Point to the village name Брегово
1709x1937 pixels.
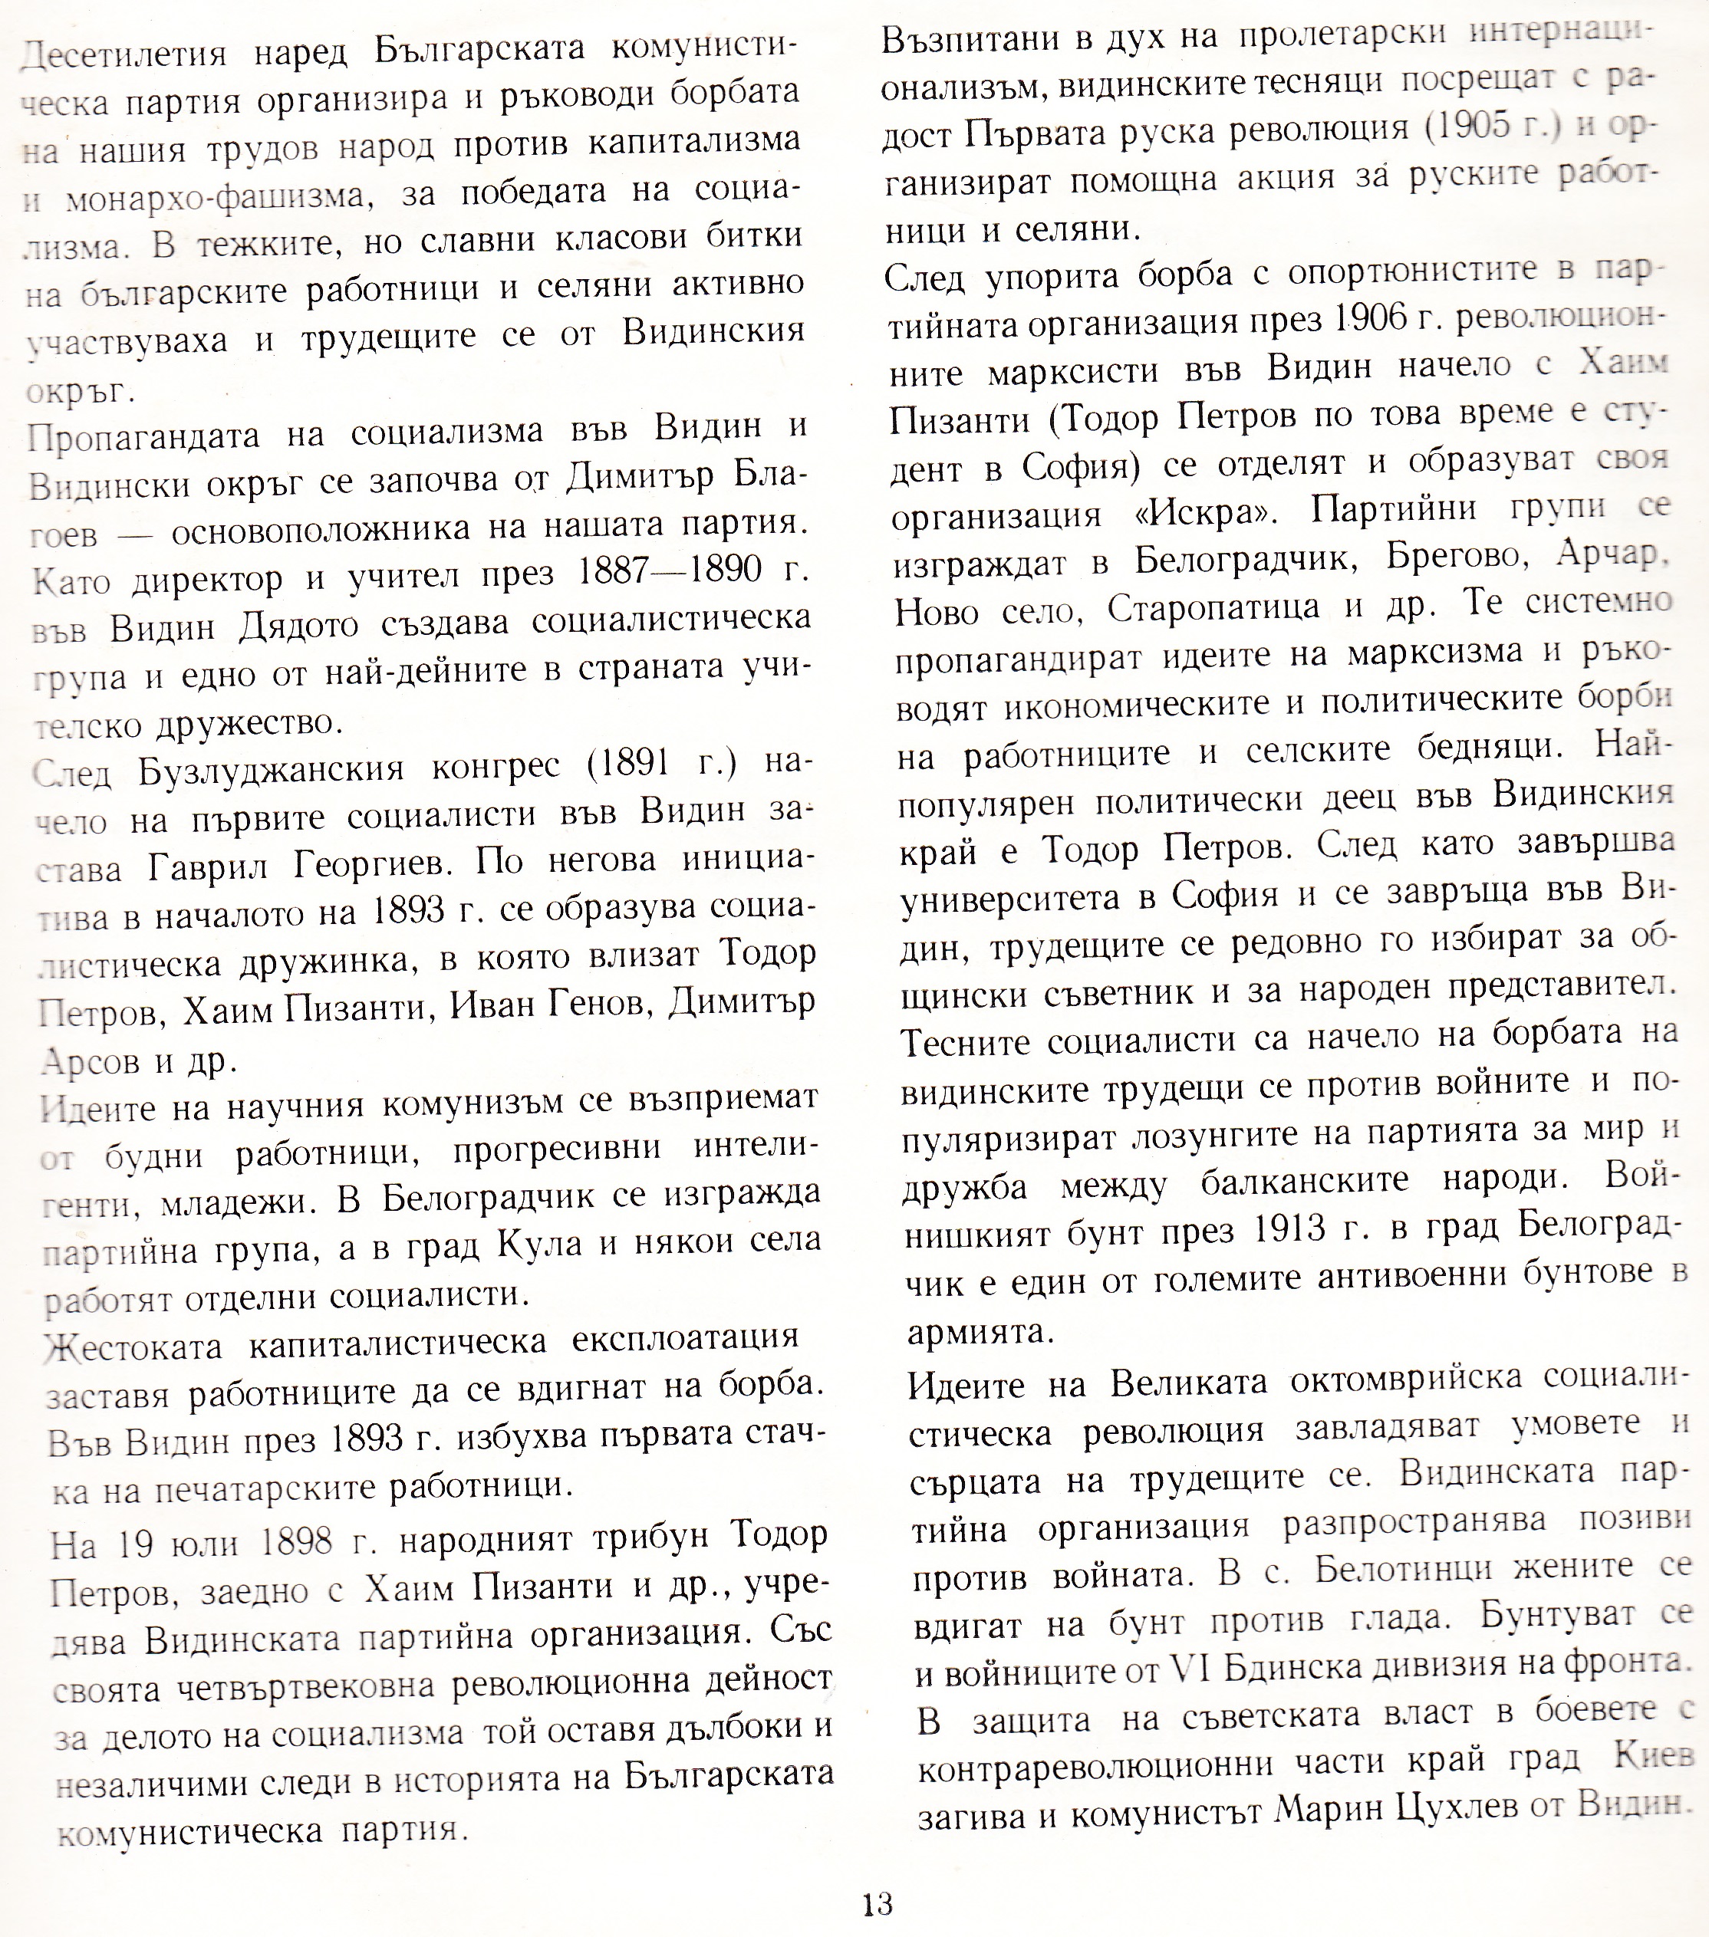pyautogui.click(x=1455, y=559)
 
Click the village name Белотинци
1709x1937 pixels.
pyautogui.click(x=1427, y=1570)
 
